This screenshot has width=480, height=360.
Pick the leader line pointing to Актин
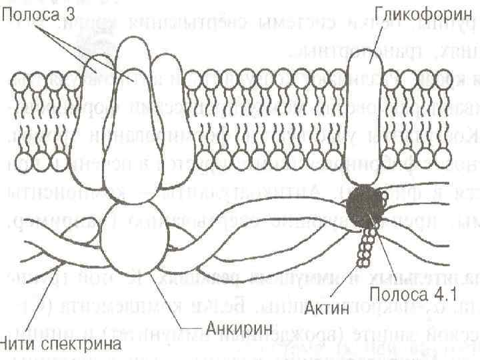343,273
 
